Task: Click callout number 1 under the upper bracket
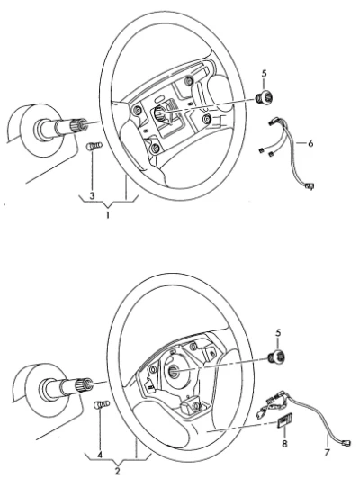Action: (108, 215)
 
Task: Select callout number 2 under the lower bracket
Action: (118, 471)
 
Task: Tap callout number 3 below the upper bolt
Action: (92, 195)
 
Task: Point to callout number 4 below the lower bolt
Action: (100, 456)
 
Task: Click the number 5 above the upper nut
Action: (264, 74)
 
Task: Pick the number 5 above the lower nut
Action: (278, 333)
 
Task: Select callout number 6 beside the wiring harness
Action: (310, 143)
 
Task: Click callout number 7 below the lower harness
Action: (328, 452)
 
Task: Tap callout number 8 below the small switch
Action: (284, 444)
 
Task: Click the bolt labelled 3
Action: (94, 147)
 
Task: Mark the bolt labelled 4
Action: (102, 405)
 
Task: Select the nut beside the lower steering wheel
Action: (276, 357)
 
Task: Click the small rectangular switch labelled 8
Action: (284, 421)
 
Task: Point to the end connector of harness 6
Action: (310, 185)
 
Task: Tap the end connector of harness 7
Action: (346, 443)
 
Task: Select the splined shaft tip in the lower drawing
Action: (85, 384)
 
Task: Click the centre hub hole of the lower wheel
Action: (174, 370)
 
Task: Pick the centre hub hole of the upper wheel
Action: (158, 113)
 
